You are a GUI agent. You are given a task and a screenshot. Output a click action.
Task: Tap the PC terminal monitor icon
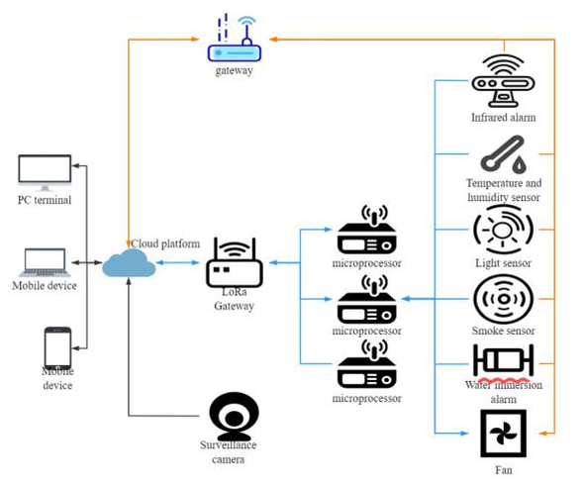tap(45, 172)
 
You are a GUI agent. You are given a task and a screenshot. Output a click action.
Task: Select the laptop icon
tap(45, 262)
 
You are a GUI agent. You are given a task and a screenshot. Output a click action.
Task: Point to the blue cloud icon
tap(129, 263)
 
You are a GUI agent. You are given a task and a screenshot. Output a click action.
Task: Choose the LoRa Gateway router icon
tap(234, 265)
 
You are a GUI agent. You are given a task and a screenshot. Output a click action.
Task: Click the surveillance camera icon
tap(235, 417)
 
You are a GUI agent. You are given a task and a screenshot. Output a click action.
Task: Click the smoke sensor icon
tap(503, 297)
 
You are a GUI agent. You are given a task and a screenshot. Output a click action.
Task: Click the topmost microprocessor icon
tap(367, 232)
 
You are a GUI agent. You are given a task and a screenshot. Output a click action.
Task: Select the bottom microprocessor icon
tap(367, 366)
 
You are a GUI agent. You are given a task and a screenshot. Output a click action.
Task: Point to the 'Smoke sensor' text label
tap(503, 330)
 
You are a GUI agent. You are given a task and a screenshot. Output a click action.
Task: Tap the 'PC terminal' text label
tap(45, 201)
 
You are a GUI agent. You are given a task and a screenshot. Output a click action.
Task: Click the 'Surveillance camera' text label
tap(235, 452)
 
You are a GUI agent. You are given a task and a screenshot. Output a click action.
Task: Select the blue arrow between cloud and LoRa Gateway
tap(180, 263)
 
